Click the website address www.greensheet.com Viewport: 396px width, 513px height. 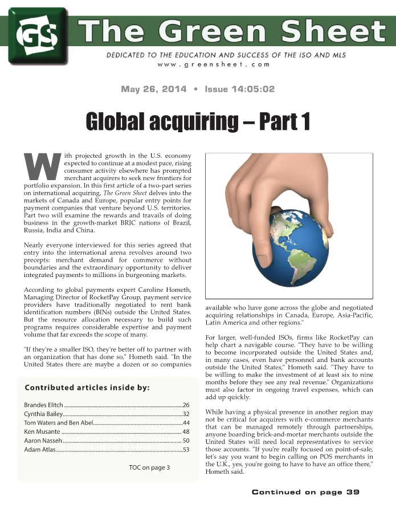(x=214, y=64)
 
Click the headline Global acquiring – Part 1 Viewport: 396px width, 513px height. (x=198, y=121)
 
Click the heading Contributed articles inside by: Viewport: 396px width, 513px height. (x=87, y=388)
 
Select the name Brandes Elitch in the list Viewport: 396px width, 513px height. (x=44, y=404)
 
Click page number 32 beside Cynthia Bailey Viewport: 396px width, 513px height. (x=186, y=413)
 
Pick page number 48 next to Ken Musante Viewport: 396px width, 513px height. (x=186, y=431)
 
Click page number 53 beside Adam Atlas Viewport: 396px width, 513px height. (x=186, y=450)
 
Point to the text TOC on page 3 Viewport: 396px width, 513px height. (x=149, y=468)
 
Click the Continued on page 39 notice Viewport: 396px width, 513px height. (x=305, y=492)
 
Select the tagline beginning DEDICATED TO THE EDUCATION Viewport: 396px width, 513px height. (x=226, y=55)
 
